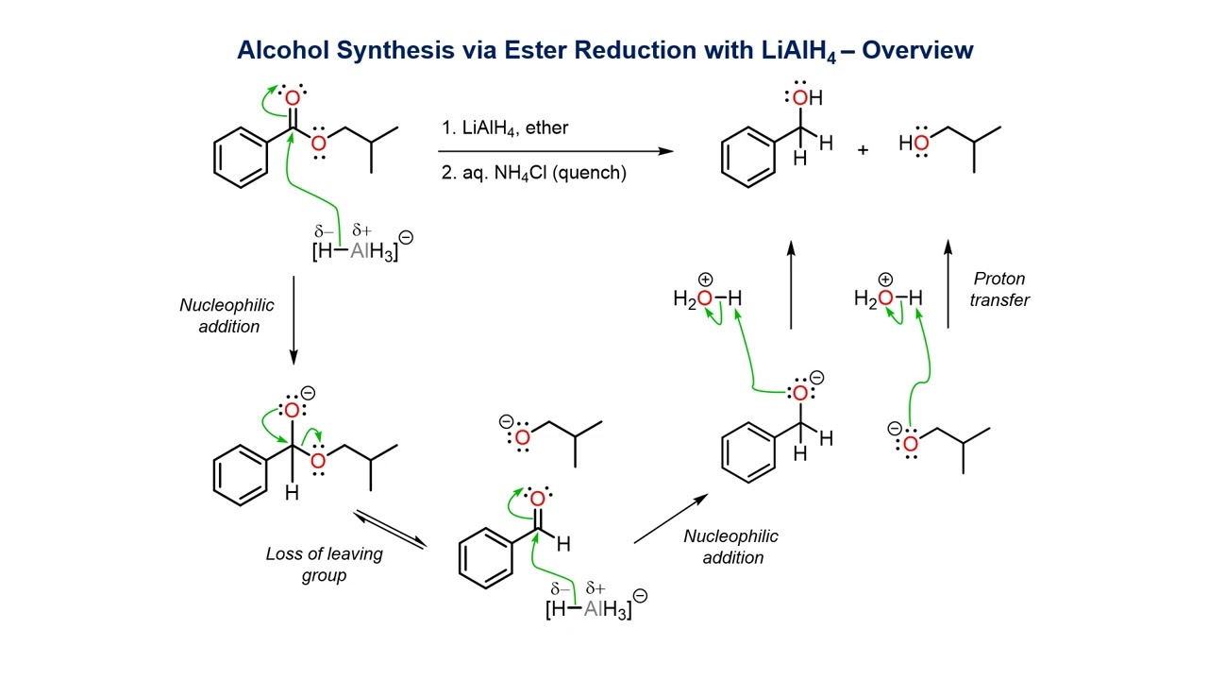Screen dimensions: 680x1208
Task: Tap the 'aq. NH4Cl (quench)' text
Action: point(533,174)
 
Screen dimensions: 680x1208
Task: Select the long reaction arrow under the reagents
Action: point(557,151)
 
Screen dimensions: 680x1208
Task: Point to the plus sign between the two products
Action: point(863,149)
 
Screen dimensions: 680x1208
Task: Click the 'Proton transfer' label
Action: point(999,289)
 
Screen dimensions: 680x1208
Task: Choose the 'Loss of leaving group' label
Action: point(324,564)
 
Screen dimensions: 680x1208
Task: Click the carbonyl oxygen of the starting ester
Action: point(293,98)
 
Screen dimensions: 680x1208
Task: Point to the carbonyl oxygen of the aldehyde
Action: point(537,499)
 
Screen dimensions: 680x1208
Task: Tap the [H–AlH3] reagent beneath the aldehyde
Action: point(589,609)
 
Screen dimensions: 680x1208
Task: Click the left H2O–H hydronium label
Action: point(707,299)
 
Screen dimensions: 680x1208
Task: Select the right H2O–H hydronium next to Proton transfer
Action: point(887,299)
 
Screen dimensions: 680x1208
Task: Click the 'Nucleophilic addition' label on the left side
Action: point(226,314)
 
